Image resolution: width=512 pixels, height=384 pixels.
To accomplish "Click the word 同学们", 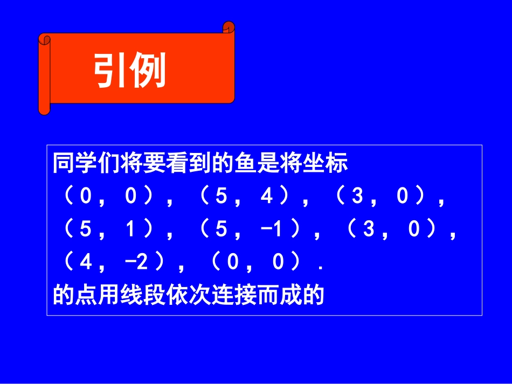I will coord(75,163).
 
